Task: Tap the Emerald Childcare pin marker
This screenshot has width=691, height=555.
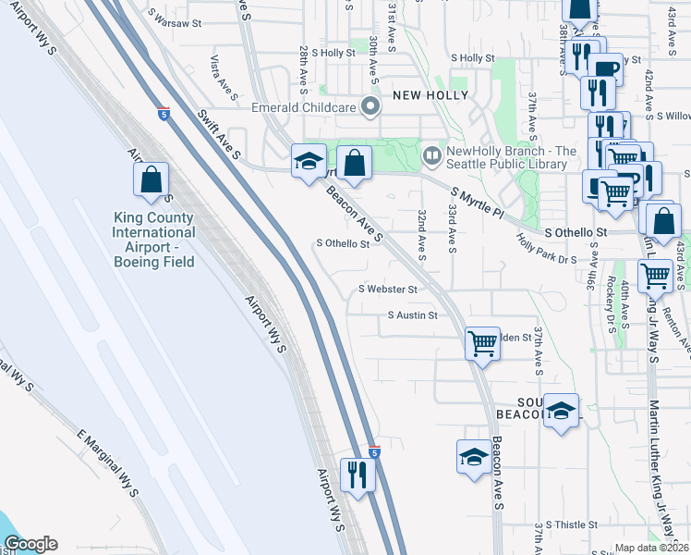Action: pos(370,107)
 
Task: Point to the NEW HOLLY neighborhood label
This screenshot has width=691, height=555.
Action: pos(430,95)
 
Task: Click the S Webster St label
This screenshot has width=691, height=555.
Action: pos(389,290)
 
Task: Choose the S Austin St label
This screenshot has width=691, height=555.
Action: pos(412,315)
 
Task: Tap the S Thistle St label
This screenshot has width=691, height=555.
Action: pos(578,524)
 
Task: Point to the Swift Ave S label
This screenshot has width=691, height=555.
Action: pos(219,132)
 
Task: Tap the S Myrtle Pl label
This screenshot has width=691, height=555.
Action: pos(479,205)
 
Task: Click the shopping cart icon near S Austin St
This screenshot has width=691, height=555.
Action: pos(482,342)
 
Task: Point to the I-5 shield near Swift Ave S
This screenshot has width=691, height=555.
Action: pos(163,111)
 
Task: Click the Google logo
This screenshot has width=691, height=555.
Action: pos(30,544)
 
